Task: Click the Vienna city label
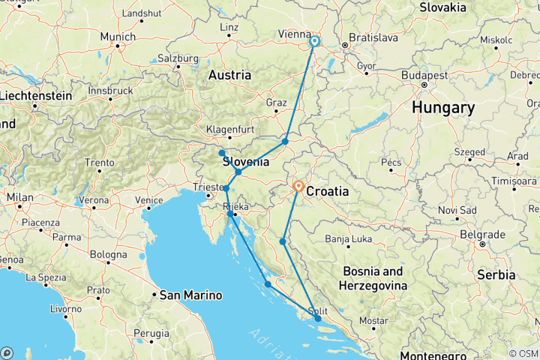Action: coord(294,34)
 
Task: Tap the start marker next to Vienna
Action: coord(314,43)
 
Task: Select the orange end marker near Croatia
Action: coord(298,186)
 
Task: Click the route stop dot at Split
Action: coord(318,319)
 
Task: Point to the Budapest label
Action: coord(424,76)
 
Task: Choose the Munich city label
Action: coord(118,37)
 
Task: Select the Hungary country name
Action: coord(442,108)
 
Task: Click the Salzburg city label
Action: coord(177,58)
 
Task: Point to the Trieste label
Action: coord(208,187)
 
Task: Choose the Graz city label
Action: coord(277,102)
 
